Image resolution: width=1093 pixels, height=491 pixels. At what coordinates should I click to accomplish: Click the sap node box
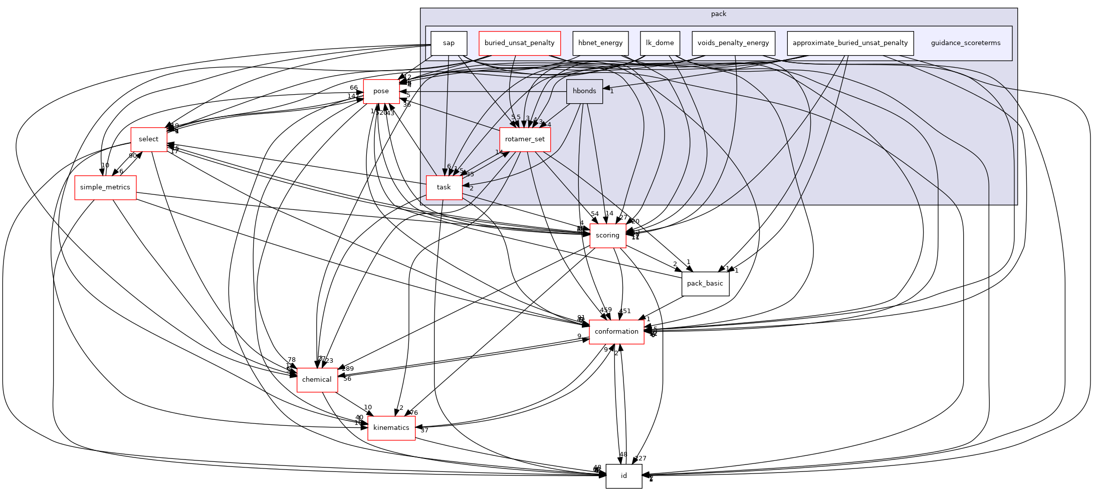(x=449, y=43)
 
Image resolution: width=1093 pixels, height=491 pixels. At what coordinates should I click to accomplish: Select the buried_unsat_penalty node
(x=519, y=43)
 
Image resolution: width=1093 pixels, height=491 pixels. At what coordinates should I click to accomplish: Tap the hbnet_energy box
(x=600, y=43)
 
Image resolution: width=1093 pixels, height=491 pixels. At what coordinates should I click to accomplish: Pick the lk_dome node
(x=660, y=43)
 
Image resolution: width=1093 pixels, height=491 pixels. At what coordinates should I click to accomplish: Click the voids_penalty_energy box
(x=733, y=43)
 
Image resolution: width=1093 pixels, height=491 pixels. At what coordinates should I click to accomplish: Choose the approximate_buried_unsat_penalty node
(x=850, y=43)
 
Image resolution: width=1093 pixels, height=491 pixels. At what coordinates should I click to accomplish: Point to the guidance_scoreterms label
(x=965, y=43)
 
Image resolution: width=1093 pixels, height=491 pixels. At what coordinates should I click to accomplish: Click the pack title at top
(x=718, y=14)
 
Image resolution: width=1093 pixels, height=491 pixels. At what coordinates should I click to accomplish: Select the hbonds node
(x=584, y=91)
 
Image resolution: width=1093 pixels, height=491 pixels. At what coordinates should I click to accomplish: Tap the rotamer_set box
(x=525, y=139)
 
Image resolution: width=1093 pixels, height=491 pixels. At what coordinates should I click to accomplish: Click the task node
(x=444, y=187)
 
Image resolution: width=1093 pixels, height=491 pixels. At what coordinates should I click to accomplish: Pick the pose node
(x=381, y=91)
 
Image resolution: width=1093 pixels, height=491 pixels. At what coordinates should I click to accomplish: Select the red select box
(x=148, y=139)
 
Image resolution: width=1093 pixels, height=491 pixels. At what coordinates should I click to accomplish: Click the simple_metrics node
(x=105, y=187)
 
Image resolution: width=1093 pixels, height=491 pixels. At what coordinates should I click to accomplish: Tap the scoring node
(x=607, y=235)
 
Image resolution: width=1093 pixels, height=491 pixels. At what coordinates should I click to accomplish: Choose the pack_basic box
(x=705, y=284)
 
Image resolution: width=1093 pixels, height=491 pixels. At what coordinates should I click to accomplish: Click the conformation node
(x=616, y=332)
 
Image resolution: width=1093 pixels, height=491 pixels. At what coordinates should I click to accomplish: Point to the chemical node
(x=317, y=380)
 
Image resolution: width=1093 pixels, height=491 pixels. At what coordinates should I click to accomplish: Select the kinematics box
(x=391, y=428)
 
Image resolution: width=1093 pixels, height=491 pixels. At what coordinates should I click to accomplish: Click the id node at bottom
(x=623, y=476)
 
